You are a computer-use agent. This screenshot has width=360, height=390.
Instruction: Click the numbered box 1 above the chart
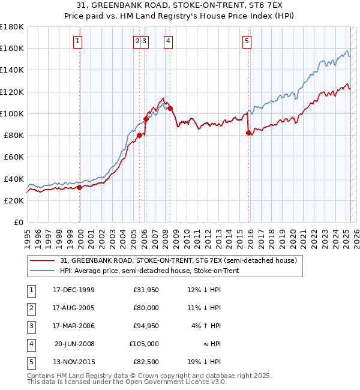[79, 41]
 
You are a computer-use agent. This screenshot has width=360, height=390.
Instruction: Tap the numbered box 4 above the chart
[168, 41]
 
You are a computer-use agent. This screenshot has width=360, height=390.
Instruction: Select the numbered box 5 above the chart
[247, 41]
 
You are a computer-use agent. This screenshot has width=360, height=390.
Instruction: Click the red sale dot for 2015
[248, 133]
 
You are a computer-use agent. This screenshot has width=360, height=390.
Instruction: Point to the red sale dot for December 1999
[80, 187]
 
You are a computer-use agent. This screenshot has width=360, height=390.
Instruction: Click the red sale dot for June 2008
[170, 108]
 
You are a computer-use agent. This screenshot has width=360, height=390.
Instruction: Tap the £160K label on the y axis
[12, 49]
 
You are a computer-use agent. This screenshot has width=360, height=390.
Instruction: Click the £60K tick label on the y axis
[14, 157]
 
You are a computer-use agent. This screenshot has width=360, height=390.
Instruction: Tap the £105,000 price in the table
[144, 344]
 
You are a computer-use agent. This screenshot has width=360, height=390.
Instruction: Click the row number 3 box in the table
[30, 326]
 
